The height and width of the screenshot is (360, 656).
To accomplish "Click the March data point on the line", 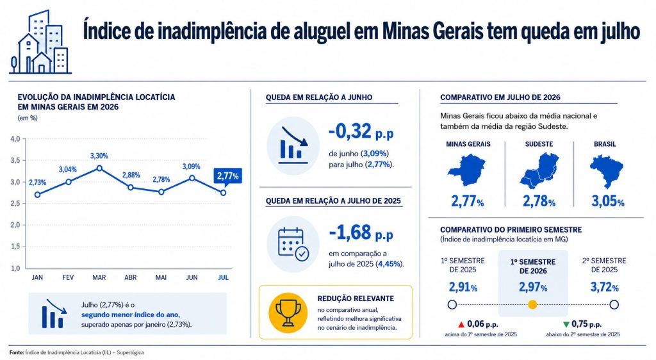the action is click(99, 168).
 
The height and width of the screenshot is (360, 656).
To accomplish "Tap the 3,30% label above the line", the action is click(99, 156).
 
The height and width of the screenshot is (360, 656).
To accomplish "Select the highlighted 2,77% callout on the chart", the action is click(227, 176).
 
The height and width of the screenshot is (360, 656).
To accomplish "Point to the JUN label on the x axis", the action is click(192, 277).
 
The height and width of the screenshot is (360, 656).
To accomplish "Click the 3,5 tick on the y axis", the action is click(15, 160).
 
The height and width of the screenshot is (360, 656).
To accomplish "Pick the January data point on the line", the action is click(38, 195).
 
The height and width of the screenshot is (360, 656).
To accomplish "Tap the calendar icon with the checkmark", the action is click(293, 245).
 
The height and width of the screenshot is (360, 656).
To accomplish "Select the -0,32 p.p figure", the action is click(361, 132).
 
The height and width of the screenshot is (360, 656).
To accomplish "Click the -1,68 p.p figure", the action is click(361, 233).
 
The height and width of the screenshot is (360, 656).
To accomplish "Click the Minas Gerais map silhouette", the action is click(466, 170).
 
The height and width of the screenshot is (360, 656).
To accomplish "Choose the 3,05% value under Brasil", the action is click(607, 202).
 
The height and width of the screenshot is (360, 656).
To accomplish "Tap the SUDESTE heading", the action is click(539, 144).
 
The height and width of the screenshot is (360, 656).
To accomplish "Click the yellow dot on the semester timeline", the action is click(532, 304).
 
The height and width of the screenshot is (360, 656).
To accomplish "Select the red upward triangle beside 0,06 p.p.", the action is click(461, 325).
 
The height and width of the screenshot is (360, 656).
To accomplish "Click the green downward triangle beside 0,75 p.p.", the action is click(566, 325).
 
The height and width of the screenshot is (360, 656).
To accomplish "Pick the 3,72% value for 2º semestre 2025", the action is click(604, 287).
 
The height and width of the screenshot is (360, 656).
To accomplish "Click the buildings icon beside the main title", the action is click(40, 42).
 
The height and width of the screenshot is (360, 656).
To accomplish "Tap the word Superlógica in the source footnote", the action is click(130, 352).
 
